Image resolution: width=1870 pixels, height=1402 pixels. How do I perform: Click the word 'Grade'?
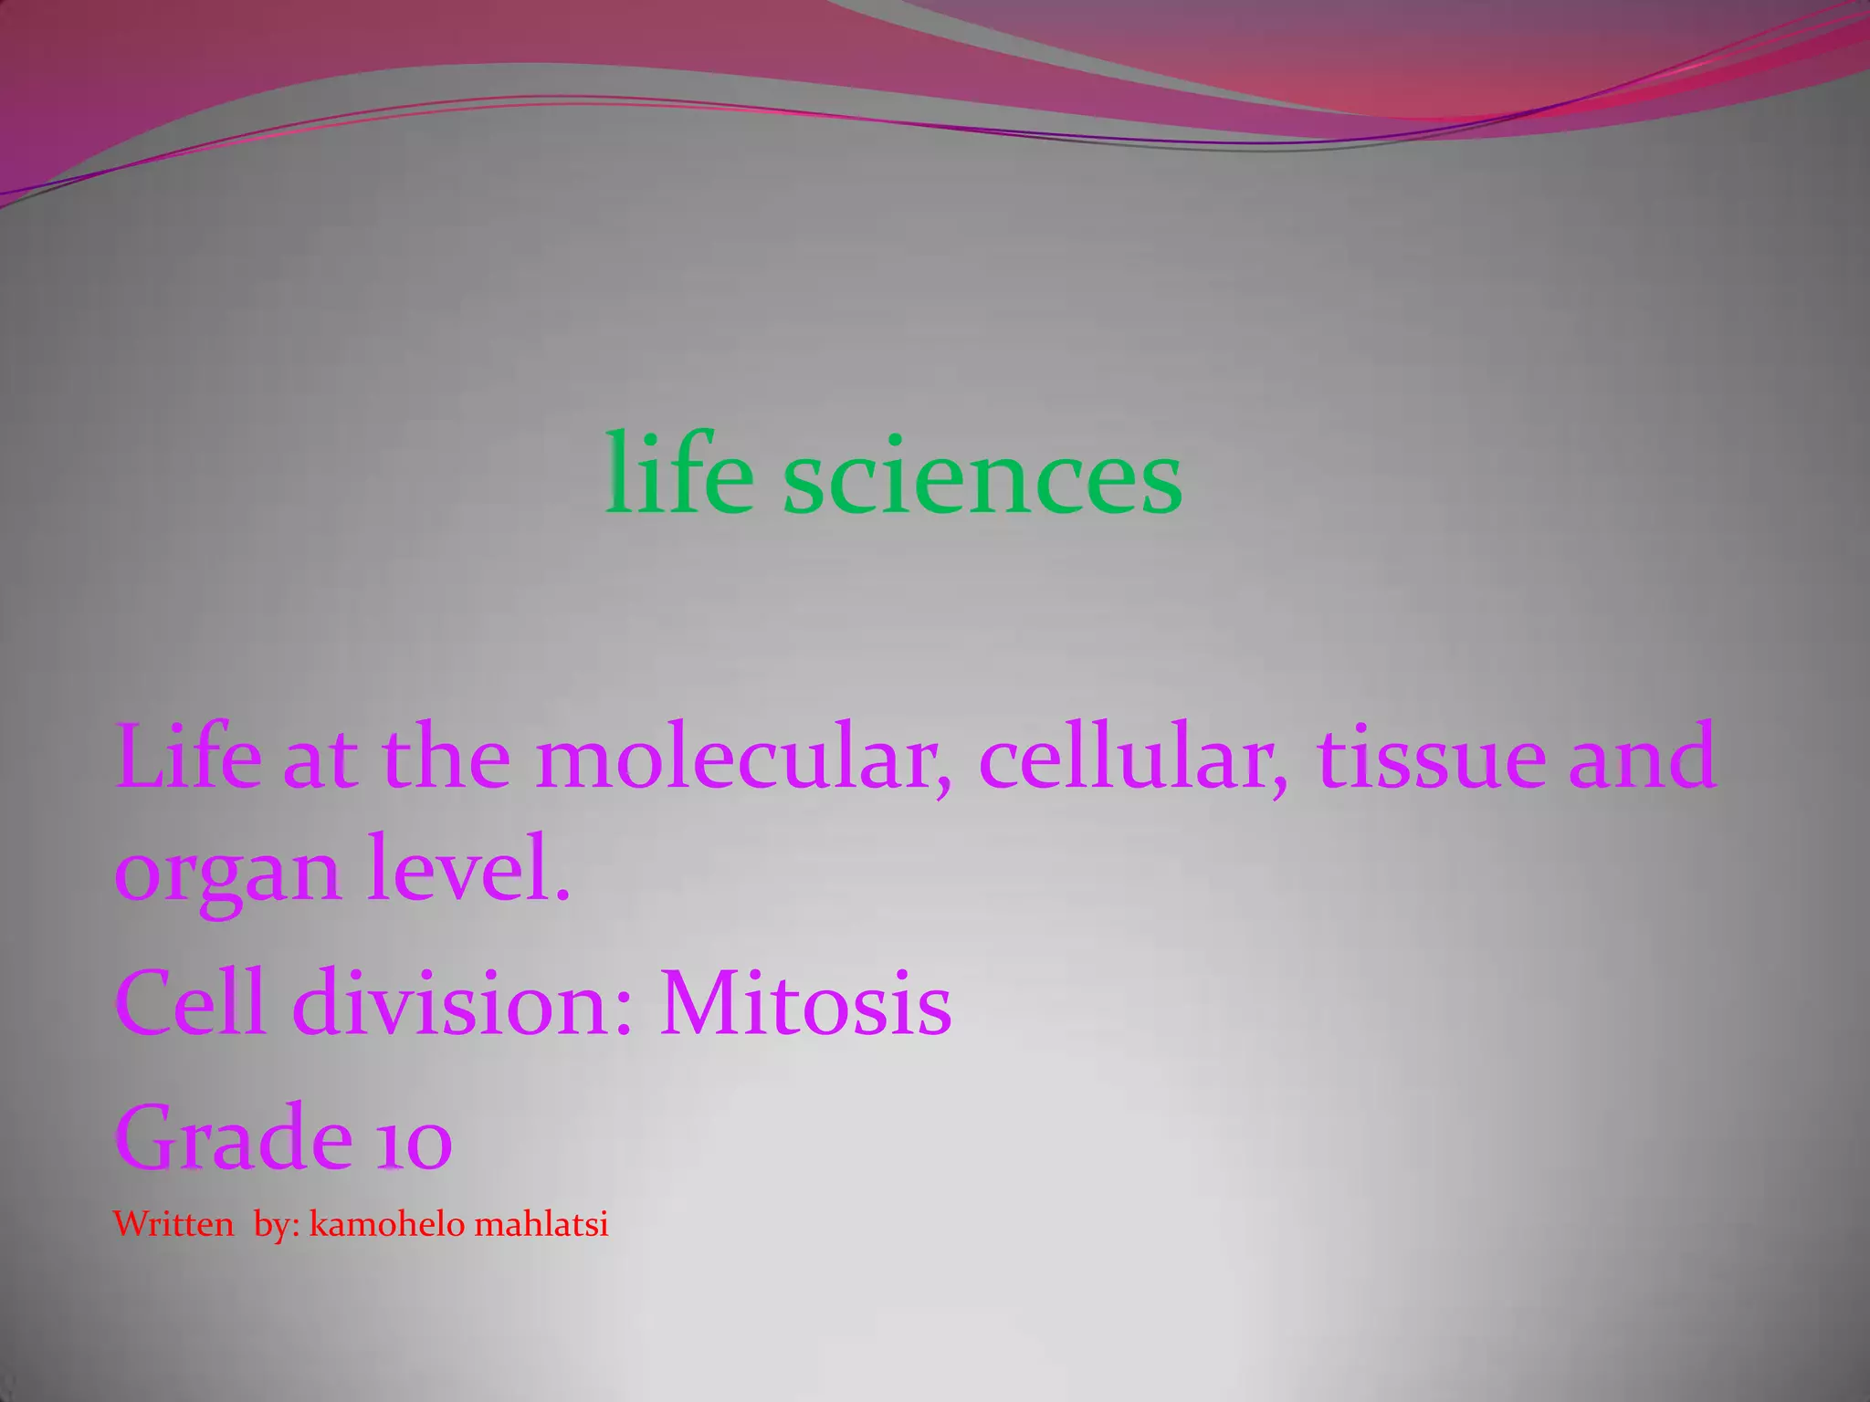pos(234,1137)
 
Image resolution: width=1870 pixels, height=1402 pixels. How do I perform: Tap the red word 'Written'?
pos(173,1224)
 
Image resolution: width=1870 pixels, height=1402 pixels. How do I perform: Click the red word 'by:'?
pos(277,1225)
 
